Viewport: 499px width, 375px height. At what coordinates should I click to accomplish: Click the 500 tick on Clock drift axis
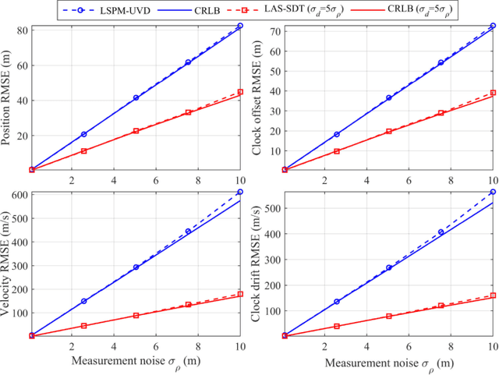click(x=273, y=210)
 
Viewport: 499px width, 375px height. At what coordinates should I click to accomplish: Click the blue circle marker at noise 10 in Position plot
click(x=240, y=26)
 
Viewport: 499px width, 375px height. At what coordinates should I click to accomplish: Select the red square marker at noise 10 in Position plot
click(x=240, y=92)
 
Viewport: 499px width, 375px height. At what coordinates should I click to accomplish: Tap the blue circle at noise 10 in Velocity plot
click(x=240, y=192)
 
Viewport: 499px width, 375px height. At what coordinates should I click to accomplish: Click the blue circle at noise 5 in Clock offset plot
click(x=388, y=98)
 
